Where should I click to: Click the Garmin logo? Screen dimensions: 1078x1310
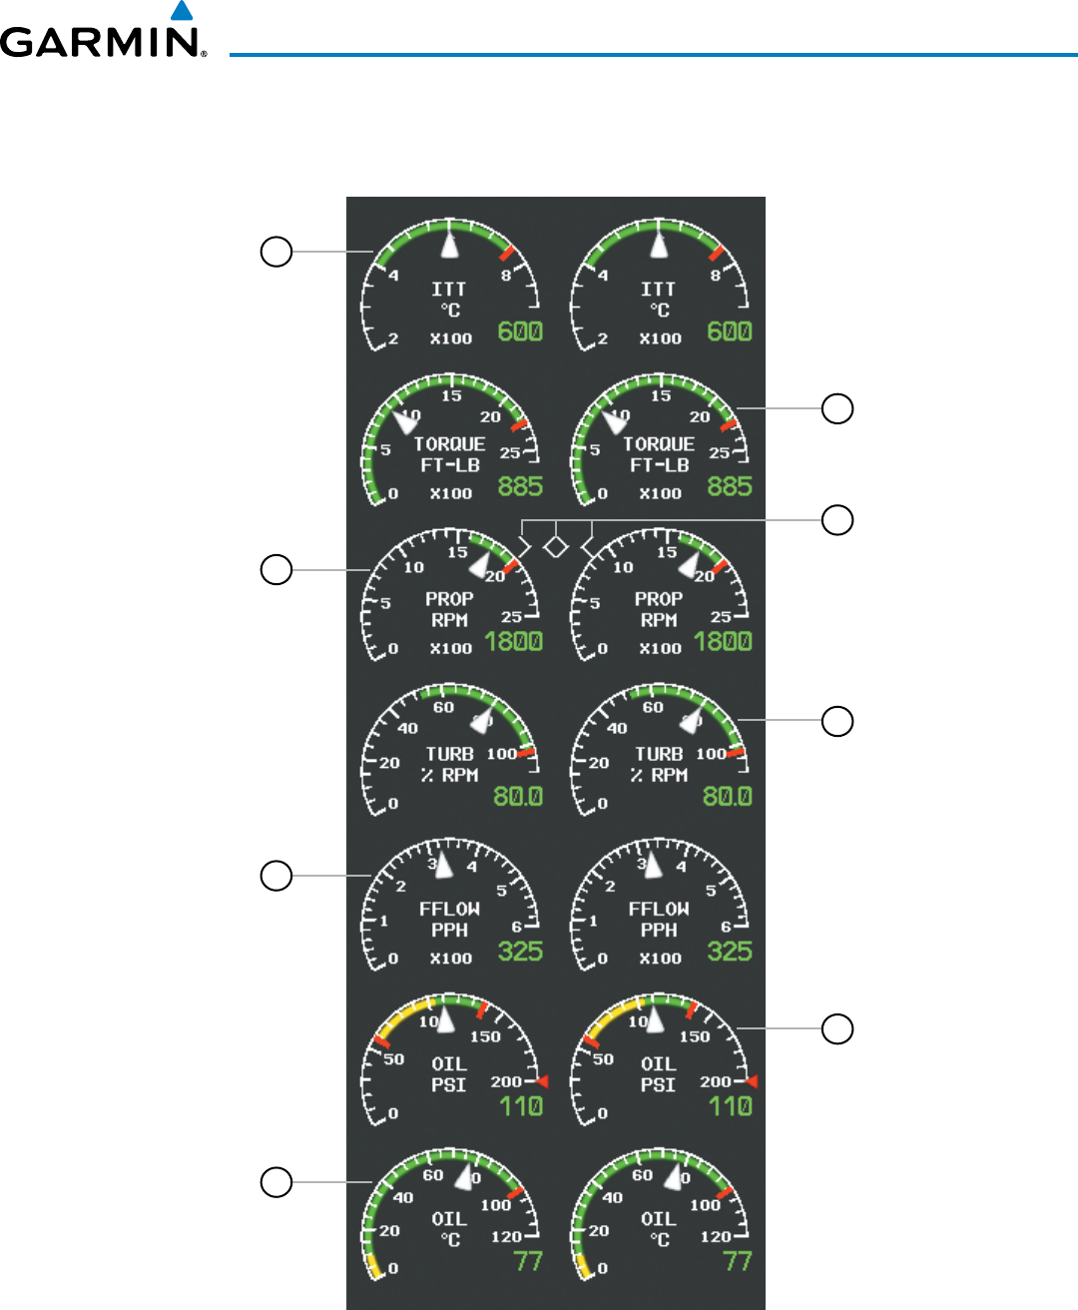click(103, 38)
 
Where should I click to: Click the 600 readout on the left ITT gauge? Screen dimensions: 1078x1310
click(520, 331)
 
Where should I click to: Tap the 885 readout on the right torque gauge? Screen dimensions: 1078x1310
click(730, 486)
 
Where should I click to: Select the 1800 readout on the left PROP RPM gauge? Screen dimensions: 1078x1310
click(514, 641)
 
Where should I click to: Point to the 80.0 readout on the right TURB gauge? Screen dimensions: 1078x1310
click(727, 796)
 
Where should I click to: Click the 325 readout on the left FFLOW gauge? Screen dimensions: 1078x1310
click(520, 951)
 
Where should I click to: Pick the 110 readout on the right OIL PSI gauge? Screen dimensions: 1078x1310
click(730, 1105)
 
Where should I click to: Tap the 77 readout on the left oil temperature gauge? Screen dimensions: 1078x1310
click(528, 1261)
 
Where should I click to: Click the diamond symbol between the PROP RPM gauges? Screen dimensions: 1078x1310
click(556, 546)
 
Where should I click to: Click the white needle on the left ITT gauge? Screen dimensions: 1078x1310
click(451, 246)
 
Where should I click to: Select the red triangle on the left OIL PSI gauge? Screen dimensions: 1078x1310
click(542, 1081)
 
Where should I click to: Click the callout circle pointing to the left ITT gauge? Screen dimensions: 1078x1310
click(276, 251)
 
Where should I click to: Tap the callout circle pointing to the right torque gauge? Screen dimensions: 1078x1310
click(837, 408)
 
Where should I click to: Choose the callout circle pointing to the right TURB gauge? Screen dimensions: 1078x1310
click(837, 721)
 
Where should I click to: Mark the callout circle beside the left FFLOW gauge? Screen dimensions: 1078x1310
click(276, 876)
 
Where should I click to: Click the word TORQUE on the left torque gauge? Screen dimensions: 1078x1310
click(449, 444)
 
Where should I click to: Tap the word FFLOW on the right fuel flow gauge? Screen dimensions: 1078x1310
click(659, 909)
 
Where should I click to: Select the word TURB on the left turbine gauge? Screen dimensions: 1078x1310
click(449, 754)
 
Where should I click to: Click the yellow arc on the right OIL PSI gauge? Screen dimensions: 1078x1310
click(605, 1022)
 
